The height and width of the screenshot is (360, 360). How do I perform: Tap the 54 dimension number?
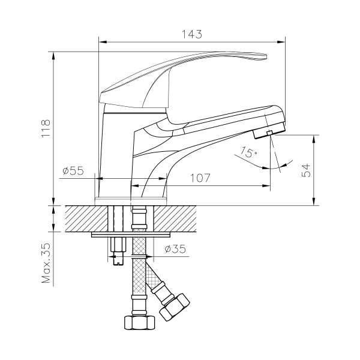tap(307, 170)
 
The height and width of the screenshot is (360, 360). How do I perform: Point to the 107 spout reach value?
tap(200, 178)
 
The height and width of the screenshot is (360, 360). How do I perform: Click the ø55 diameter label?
tap(72, 171)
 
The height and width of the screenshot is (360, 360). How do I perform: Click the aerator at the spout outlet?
tap(269, 130)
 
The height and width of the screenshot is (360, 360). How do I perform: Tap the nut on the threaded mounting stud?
tap(116, 245)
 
